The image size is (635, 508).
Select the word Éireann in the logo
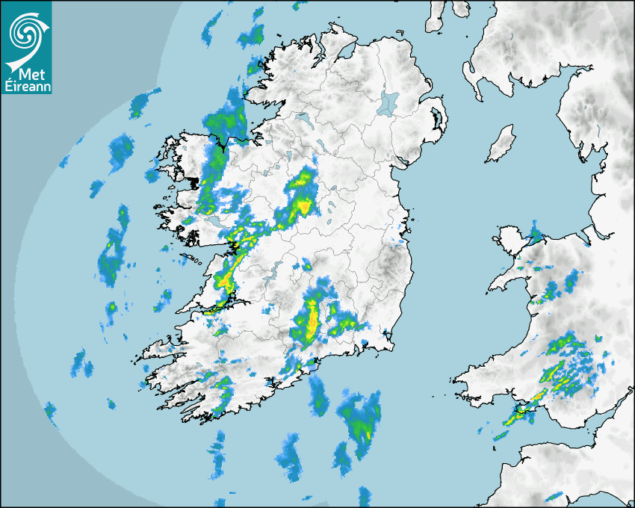click(x=26, y=87)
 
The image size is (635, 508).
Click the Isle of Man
click(x=501, y=144)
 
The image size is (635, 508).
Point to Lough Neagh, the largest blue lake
click(x=388, y=102)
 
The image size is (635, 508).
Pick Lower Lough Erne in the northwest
click(x=303, y=120)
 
